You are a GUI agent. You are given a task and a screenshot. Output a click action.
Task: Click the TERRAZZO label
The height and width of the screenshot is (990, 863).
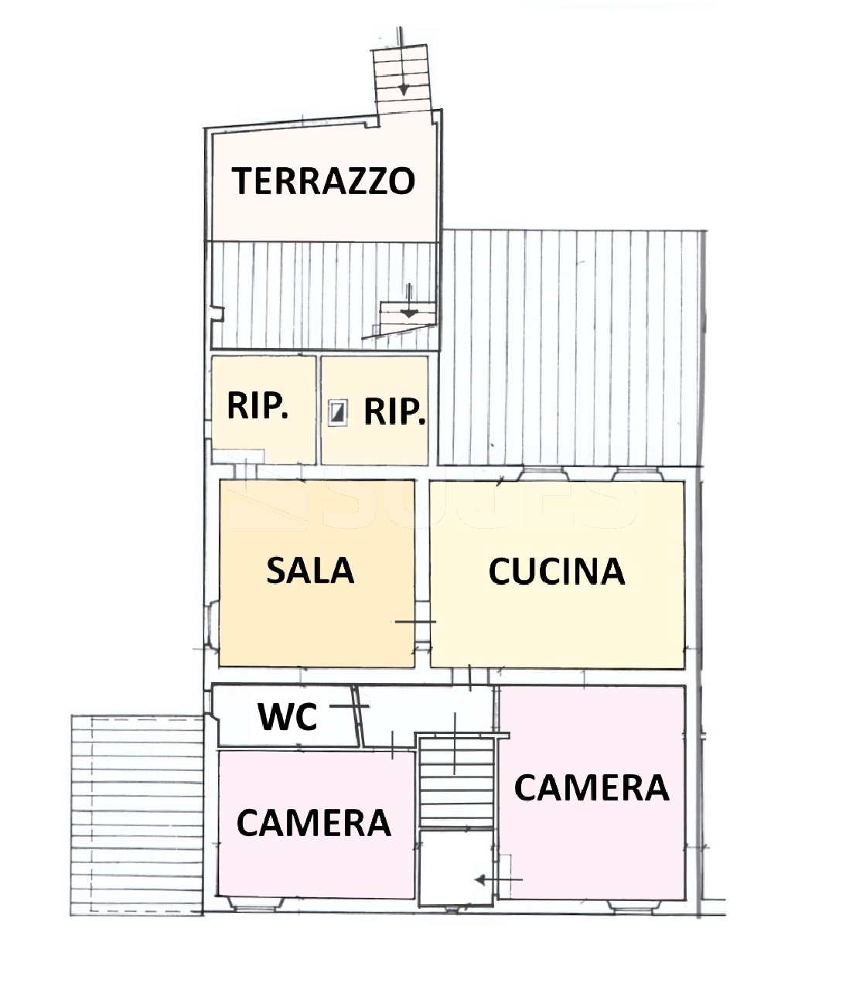click(323, 181)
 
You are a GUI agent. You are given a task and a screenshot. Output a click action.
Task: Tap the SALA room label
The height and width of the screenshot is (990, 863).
click(310, 570)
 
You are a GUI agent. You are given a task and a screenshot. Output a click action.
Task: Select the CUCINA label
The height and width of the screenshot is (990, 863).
click(557, 572)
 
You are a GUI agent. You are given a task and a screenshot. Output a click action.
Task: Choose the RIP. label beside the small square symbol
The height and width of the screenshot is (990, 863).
click(394, 411)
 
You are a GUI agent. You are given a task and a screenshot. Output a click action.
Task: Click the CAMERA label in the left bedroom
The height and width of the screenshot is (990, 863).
click(313, 823)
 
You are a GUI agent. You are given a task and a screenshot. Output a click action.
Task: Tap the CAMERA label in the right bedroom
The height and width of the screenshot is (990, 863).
click(591, 787)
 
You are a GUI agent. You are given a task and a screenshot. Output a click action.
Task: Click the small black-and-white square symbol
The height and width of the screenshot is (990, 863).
click(338, 413)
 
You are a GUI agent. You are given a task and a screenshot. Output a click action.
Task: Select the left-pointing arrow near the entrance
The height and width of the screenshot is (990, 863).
click(498, 879)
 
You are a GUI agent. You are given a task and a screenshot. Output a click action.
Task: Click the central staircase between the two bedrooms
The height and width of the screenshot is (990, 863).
click(457, 782)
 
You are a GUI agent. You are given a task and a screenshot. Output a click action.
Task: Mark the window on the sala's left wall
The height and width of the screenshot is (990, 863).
click(213, 623)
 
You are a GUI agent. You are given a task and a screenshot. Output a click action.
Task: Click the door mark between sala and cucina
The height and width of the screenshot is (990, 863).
click(416, 622)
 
